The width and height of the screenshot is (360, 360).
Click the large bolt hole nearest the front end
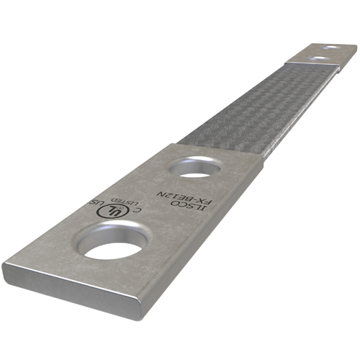point(114,242)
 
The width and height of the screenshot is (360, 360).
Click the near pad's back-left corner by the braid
point(172,144)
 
